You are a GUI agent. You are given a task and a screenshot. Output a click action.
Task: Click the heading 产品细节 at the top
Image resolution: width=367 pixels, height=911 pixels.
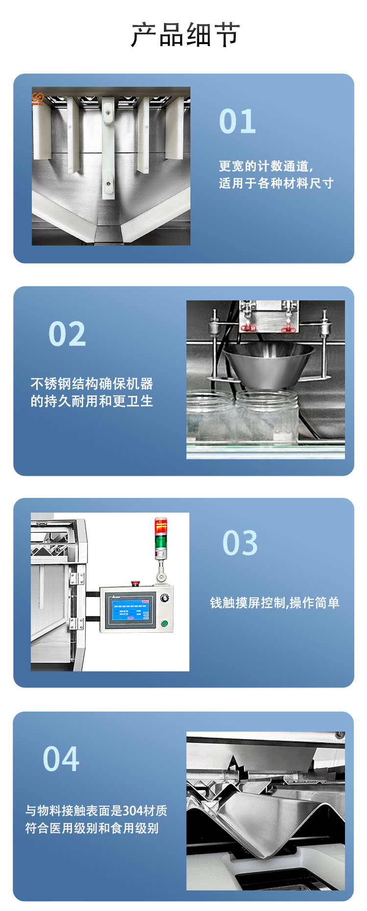click(185, 35)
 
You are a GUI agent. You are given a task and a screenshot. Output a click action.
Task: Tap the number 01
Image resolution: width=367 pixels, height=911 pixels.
click(237, 121)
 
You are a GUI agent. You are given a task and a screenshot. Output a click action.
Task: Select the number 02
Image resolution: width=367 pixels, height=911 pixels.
click(67, 334)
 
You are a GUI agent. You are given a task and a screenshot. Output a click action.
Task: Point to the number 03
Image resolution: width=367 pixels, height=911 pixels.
click(240, 543)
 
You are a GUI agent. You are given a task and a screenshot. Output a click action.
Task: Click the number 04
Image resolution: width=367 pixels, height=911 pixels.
click(61, 759)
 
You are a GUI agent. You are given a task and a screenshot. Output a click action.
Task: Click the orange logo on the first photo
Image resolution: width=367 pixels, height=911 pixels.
click(38, 98)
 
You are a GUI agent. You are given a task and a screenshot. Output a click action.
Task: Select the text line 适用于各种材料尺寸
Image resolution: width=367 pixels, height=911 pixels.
click(276, 183)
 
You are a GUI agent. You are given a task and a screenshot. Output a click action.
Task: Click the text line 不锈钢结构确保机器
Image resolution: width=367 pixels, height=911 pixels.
click(92, 383)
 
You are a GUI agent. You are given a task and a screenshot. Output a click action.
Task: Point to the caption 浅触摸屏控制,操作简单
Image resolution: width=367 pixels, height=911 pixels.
click(275, 603)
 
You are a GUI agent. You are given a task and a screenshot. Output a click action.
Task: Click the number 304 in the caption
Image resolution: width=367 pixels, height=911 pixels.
click(133, 811)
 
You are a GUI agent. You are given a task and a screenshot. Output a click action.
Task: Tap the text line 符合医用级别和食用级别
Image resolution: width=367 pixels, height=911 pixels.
click(92, 828)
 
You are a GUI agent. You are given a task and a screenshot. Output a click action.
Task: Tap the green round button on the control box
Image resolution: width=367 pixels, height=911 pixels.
click(164, 623)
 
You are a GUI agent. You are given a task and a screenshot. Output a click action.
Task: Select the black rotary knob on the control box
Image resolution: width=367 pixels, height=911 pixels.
click(164, 598)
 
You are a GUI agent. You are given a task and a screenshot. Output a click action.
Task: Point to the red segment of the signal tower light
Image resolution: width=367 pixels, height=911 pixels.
click(161, 526)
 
